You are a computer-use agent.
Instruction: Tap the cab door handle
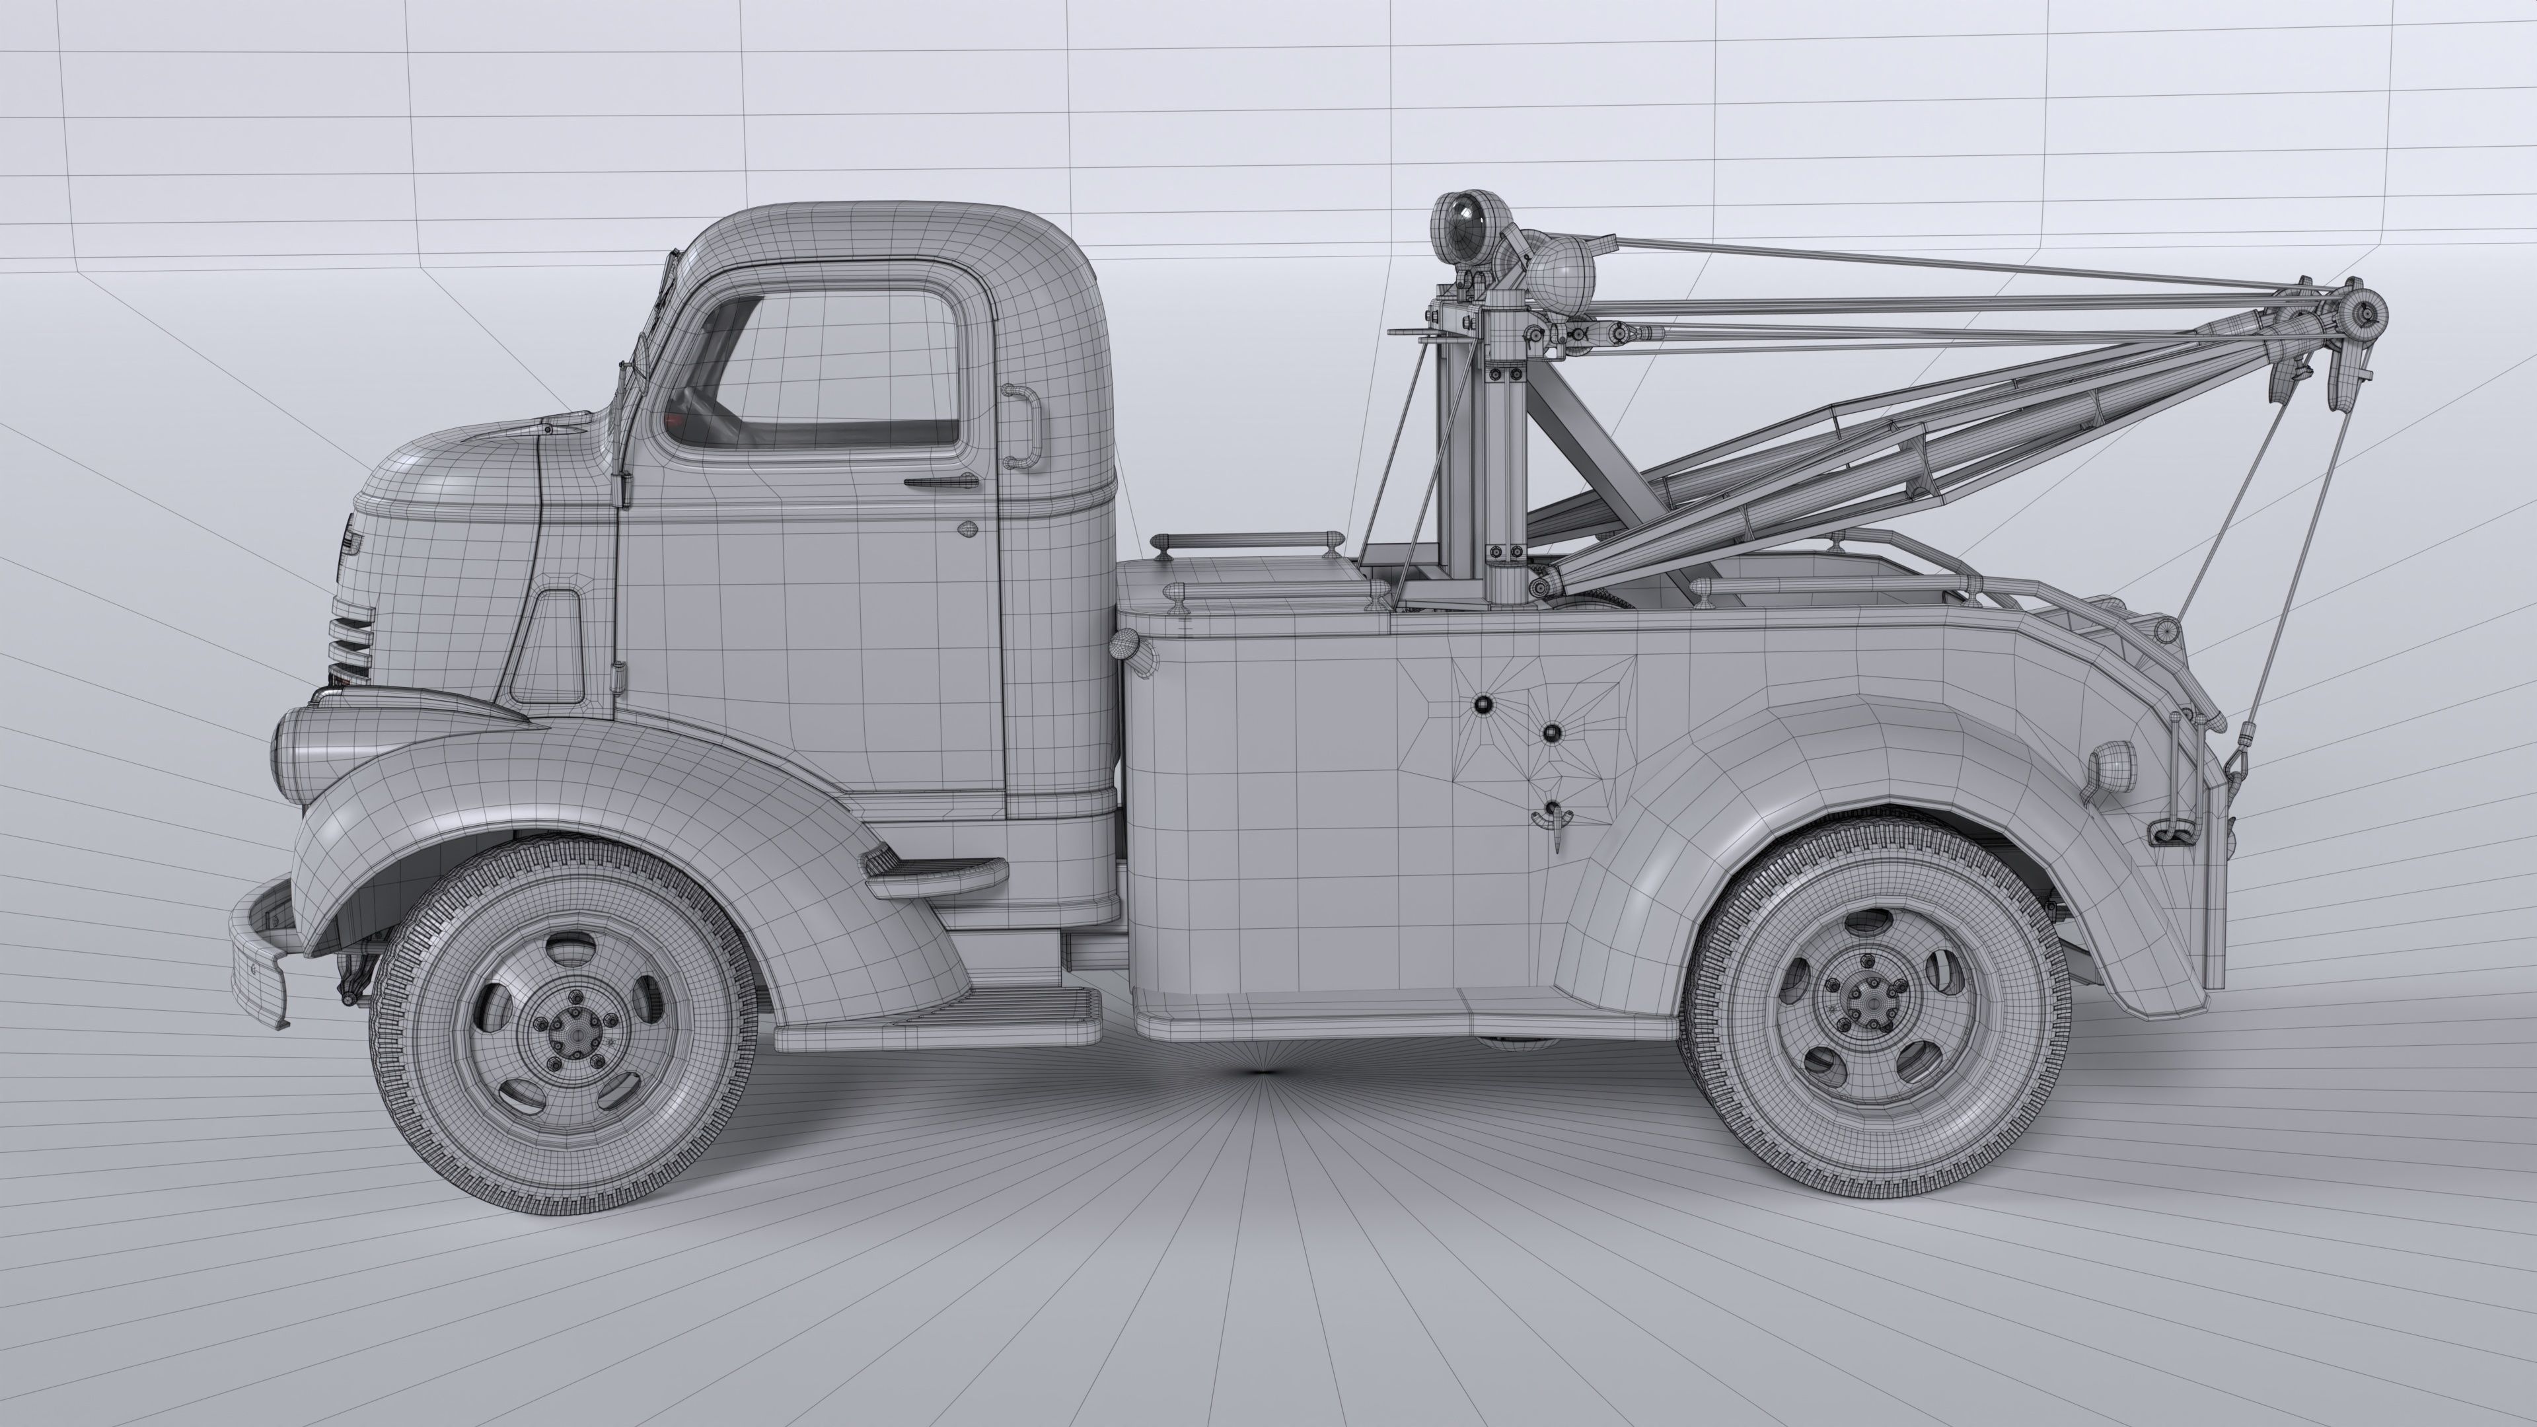point(941,482)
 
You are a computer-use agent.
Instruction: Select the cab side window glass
point(837,374)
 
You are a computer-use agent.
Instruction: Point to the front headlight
point(295,753)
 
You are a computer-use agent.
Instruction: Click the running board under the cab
point(936,1030)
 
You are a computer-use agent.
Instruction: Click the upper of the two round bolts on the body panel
point(1482,704)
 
